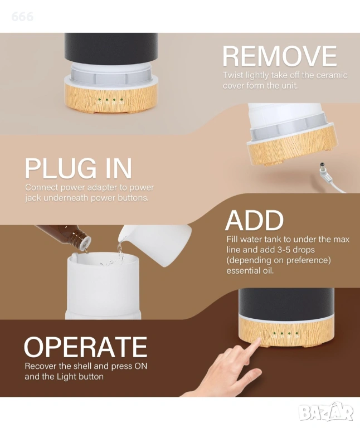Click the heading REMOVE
280,56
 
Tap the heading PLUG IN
79,168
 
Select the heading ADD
254,220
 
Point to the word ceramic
332,75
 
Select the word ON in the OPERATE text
141,366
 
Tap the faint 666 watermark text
22,17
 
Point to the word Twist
233,75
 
